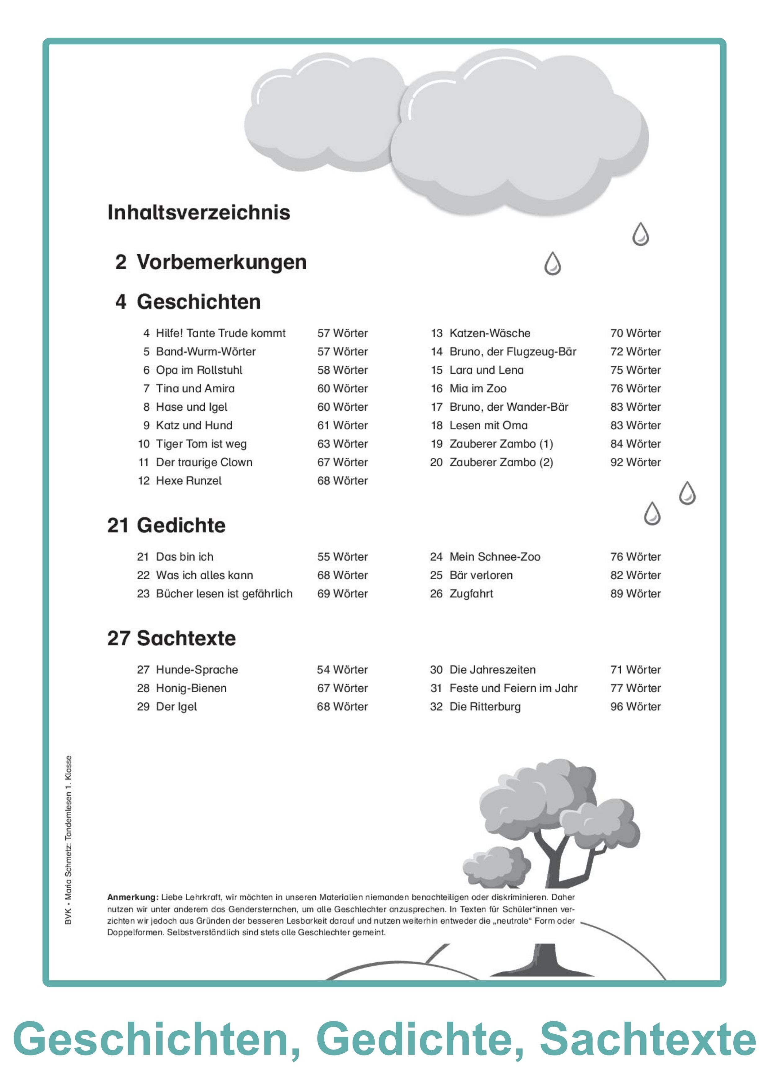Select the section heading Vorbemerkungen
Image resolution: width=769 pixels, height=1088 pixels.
221,262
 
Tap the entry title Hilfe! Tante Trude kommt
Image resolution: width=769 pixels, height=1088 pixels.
220,333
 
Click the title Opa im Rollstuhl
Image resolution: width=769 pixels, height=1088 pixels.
199,370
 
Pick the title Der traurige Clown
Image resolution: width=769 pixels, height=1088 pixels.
204,462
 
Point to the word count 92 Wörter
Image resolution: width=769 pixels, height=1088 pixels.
635,462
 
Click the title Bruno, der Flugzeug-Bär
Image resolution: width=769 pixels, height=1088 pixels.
513,352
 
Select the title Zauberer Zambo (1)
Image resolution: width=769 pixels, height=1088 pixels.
501,444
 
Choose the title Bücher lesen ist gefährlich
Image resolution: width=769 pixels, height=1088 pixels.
224,594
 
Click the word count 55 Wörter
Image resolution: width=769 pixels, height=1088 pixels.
342,557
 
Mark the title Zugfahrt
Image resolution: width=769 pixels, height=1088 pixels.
471,594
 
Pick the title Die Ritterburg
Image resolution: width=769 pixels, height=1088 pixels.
485,707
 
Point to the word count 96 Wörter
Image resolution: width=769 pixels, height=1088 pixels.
635,707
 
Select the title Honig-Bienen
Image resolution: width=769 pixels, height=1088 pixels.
191,688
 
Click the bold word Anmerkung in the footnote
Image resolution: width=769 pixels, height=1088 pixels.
132,897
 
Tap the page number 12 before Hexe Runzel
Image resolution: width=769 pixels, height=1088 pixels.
144,481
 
